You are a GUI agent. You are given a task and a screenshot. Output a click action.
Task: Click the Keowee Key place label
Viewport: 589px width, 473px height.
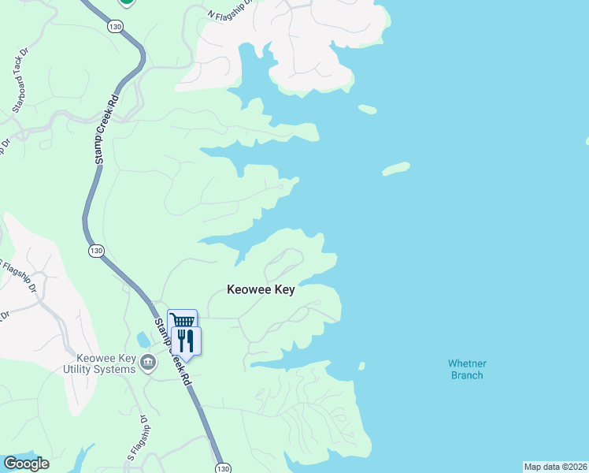click(x=261, y=290)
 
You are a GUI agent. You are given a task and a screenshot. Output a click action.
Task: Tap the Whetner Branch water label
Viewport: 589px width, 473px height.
click(x=467, y=369)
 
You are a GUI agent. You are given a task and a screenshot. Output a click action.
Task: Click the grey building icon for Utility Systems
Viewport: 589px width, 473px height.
click(x=147, y=363)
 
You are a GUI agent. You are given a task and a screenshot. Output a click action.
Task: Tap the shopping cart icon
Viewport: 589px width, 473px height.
click(x=183, y=322)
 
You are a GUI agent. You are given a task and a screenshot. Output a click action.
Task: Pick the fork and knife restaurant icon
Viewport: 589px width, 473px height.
click(x=186, y=340)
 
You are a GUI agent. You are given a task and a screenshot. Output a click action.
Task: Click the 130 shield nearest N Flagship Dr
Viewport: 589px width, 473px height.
click(x=116, y=27)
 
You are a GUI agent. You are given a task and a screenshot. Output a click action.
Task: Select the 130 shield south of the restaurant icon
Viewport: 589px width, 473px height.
click(x=222, y=467)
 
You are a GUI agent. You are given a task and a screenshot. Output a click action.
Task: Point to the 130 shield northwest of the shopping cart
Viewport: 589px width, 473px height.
click(x=96, y=251)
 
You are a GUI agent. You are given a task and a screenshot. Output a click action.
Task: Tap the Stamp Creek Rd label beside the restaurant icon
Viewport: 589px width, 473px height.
click(x=172, y=352)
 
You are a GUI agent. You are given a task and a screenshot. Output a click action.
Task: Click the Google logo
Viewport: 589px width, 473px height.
click(x=25, y=464)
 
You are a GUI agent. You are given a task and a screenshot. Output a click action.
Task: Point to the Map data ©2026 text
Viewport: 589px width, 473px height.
click(x=554, y=467)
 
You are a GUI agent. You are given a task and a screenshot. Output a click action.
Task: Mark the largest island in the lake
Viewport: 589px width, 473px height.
click(x=396, y=169)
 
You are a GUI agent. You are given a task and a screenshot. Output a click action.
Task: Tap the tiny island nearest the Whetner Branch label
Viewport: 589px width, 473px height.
click(x=361, y=366)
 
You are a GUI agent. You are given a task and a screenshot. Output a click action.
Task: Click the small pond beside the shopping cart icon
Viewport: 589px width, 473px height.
click(x=142, y=341)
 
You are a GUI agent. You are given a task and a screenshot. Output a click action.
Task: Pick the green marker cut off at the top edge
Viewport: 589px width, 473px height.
click(x=127, y=2)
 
